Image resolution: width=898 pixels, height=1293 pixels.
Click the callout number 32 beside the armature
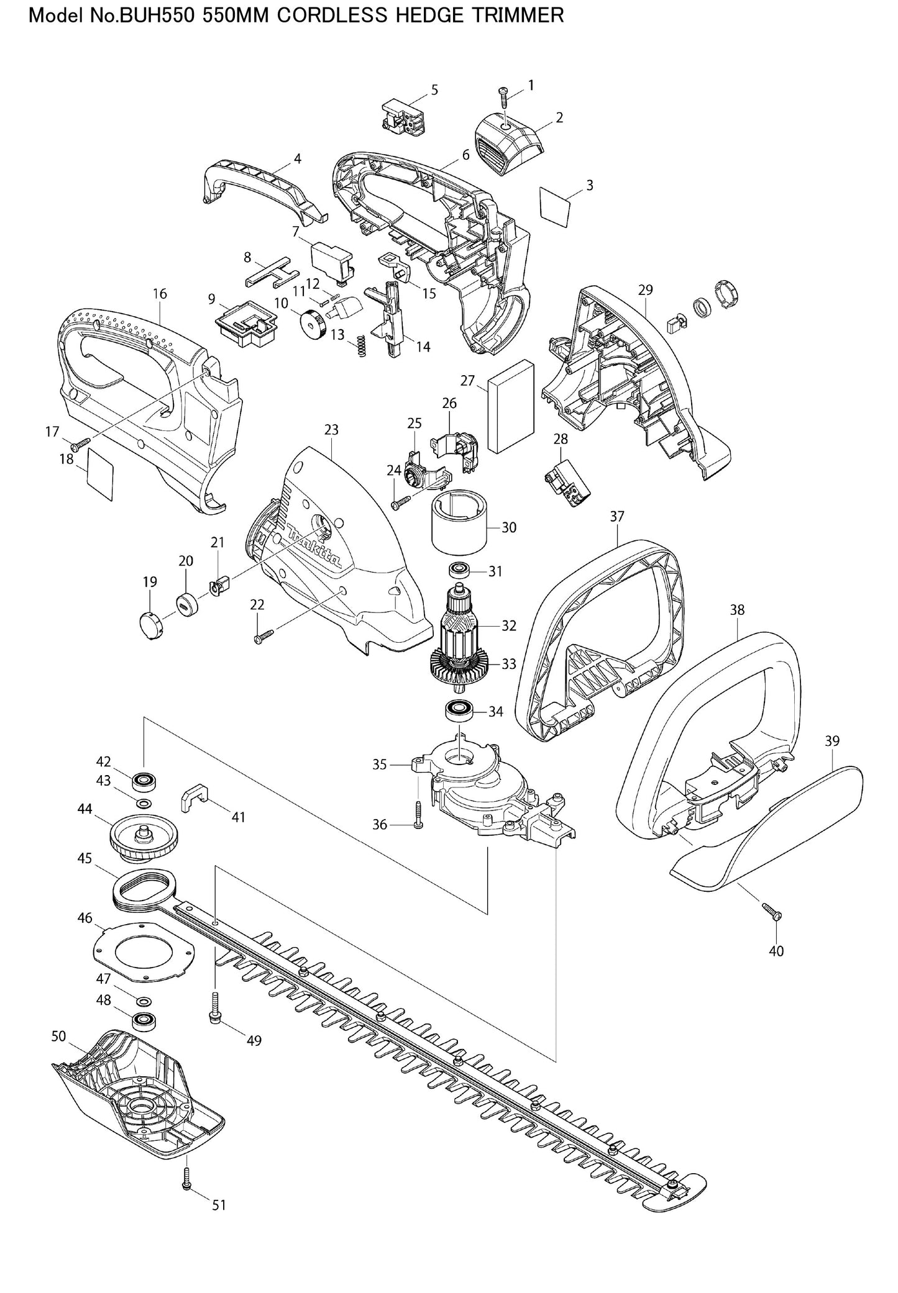(x=509, y=625)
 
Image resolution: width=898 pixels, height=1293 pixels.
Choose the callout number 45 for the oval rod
(x=85, y=858)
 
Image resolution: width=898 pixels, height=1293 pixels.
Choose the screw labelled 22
(x=263, y=637)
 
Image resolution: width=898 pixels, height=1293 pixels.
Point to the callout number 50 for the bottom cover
(x=58, y=1036)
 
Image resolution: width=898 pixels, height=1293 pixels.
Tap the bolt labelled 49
(x=214, y=1015)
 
